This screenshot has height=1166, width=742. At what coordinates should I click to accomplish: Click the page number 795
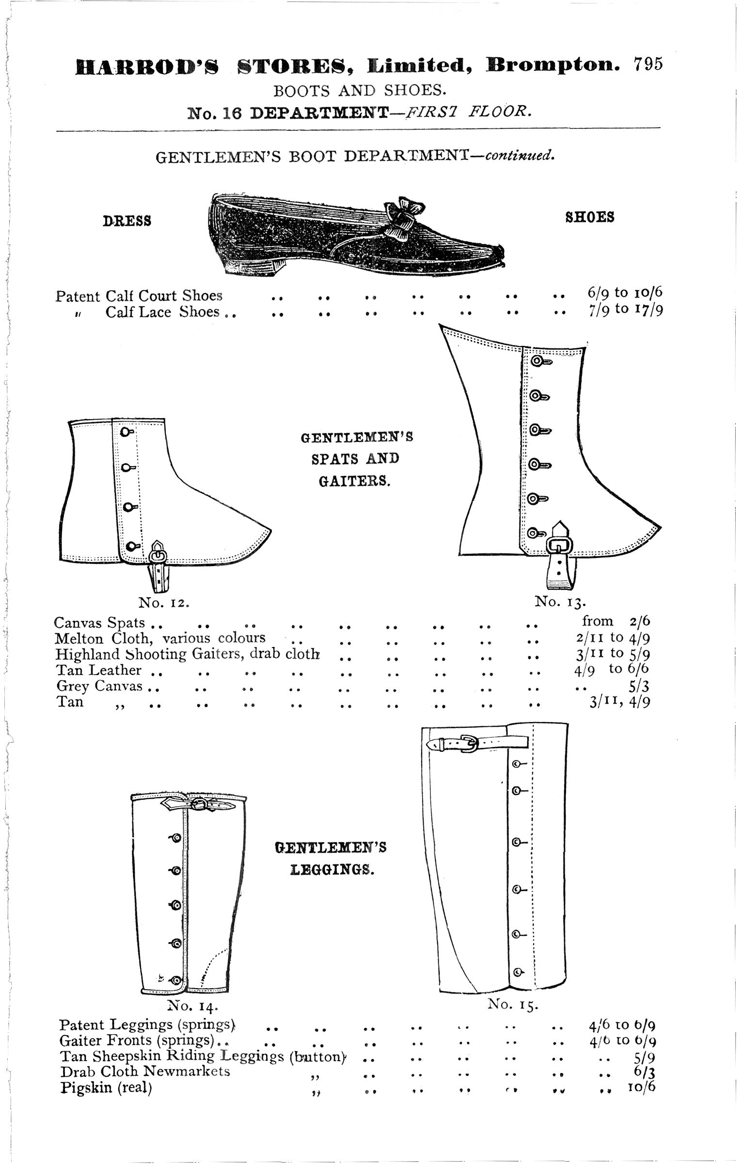(647, 64)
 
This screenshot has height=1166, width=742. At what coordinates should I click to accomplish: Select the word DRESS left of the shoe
(127, 221)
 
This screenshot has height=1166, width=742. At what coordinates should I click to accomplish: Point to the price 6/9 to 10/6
(621, 293)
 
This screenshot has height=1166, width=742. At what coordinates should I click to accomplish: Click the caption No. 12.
(163, 602)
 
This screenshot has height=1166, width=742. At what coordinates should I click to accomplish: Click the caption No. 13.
(561, 602)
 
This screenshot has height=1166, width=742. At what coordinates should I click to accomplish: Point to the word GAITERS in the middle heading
(355, 481)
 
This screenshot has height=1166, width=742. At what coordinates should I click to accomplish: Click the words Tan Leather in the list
(99, 670)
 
